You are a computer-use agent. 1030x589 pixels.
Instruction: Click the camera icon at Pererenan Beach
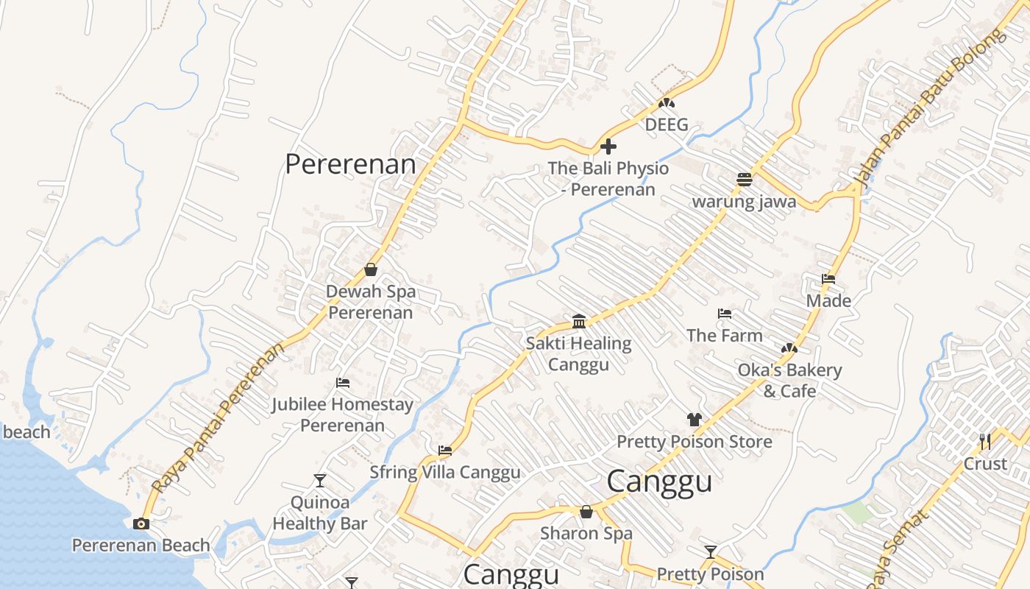141,523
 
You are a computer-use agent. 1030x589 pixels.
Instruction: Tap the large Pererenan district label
350,164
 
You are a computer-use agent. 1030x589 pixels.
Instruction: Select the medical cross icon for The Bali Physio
608,147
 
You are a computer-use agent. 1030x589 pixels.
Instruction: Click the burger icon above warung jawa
745,180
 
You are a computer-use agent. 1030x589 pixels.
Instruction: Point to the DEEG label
667,124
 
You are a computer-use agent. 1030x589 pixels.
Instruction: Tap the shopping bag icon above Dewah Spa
371,269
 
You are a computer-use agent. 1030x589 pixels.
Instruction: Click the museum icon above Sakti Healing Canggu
579,322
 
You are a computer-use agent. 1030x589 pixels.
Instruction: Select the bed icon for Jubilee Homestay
342,383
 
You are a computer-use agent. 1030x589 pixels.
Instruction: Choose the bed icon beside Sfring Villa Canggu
445,451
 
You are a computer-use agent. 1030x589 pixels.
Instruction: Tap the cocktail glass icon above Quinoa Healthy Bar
320,481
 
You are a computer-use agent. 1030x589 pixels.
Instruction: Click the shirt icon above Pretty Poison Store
694,420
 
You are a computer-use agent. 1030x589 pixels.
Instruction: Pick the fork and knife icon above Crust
985,442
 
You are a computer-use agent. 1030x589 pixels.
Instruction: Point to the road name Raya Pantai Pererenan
219,418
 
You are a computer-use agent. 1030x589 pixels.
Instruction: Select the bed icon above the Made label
828,279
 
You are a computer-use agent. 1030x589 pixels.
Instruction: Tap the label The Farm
724,336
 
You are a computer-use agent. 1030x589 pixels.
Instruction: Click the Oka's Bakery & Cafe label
789,380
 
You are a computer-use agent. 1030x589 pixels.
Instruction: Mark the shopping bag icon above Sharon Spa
586,511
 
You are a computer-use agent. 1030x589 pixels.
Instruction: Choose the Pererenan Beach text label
141,546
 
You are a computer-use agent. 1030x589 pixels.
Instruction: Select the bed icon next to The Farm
725,314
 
